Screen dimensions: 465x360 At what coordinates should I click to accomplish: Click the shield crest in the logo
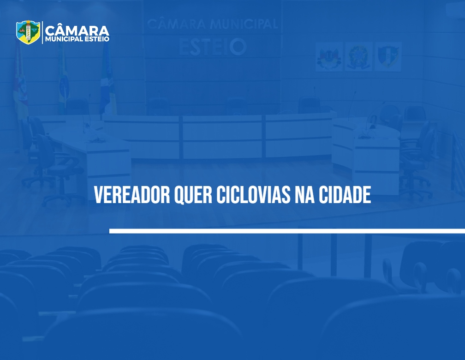point(28,32)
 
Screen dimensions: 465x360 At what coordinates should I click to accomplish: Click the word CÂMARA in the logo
point(77,31)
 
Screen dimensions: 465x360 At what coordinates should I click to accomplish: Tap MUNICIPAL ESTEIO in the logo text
point(77,39)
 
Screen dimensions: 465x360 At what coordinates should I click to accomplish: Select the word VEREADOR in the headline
point(132,195)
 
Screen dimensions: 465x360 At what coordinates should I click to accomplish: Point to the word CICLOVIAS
point(253,195)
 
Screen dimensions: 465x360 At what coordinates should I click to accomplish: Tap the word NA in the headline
point(304,195)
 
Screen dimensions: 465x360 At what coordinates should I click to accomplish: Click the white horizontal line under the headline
point(287,231)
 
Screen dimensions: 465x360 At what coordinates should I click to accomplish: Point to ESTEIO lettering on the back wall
point(213,47)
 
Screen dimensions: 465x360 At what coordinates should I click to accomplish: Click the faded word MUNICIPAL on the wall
point(244,24)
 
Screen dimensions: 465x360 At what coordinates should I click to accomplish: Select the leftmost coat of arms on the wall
point(329,56)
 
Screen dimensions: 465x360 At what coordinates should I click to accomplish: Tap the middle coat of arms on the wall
point(358,56)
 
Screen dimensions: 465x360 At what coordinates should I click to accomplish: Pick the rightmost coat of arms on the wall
point(388,56)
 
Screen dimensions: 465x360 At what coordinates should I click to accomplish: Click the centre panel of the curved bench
point(222,137)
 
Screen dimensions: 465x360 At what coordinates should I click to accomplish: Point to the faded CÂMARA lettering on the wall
point(176,24)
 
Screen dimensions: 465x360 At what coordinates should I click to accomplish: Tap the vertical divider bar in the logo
point(42,32)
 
